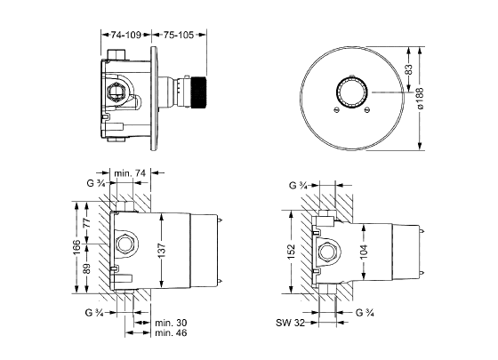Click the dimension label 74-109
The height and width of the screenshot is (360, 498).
125,35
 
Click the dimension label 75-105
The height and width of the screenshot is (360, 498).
179,35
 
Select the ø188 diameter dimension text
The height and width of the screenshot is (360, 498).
420,98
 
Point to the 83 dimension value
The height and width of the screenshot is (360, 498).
409,69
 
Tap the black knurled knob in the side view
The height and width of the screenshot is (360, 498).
197,92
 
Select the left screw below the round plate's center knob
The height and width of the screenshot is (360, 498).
337,110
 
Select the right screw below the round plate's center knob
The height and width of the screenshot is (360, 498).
367,110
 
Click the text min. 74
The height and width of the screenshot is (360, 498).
130,173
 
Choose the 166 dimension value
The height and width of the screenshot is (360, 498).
76,247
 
